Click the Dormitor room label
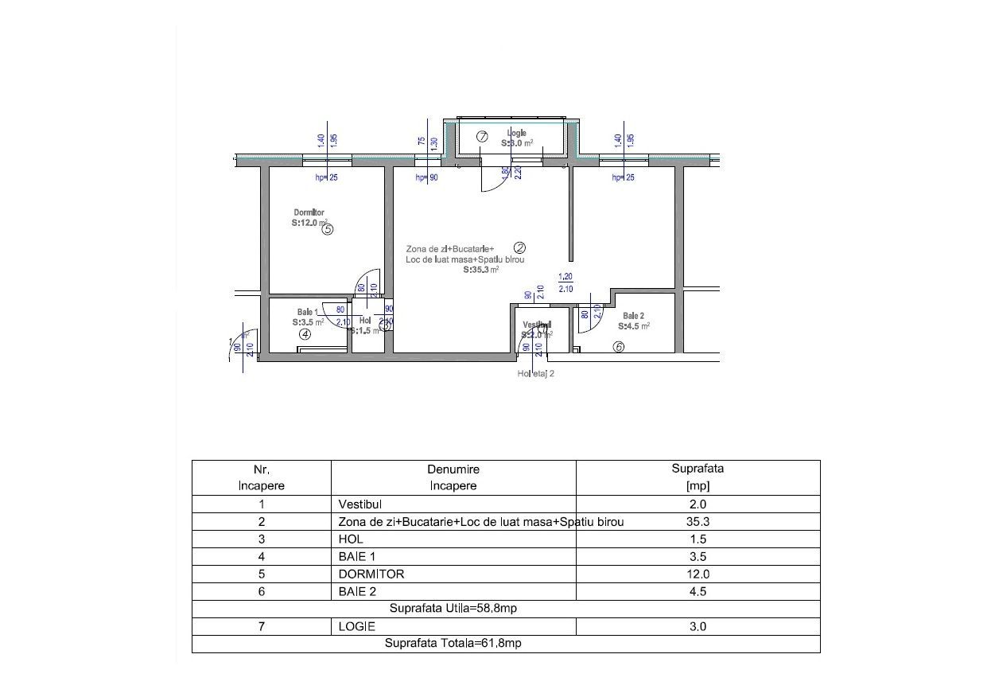tap(309, 212)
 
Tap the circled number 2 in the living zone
tap(519, 247)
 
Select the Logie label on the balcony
tap(516, 133)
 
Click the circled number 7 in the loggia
tap(482, 136)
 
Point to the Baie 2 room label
tap(633, 316)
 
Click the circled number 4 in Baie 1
tap(305, 335)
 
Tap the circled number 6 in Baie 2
tap(619, 346)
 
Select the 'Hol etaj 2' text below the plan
tap(535, 372)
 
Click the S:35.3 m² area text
tap(480, 270)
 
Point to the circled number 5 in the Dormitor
tap(327, 229)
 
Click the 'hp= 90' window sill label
tap(426, 178)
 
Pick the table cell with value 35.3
tap(697, 522)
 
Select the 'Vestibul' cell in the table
tap(360, 504)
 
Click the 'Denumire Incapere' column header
tap(453, 477)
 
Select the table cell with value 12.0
tap(697, 574)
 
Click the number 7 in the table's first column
tap(261, 626)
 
